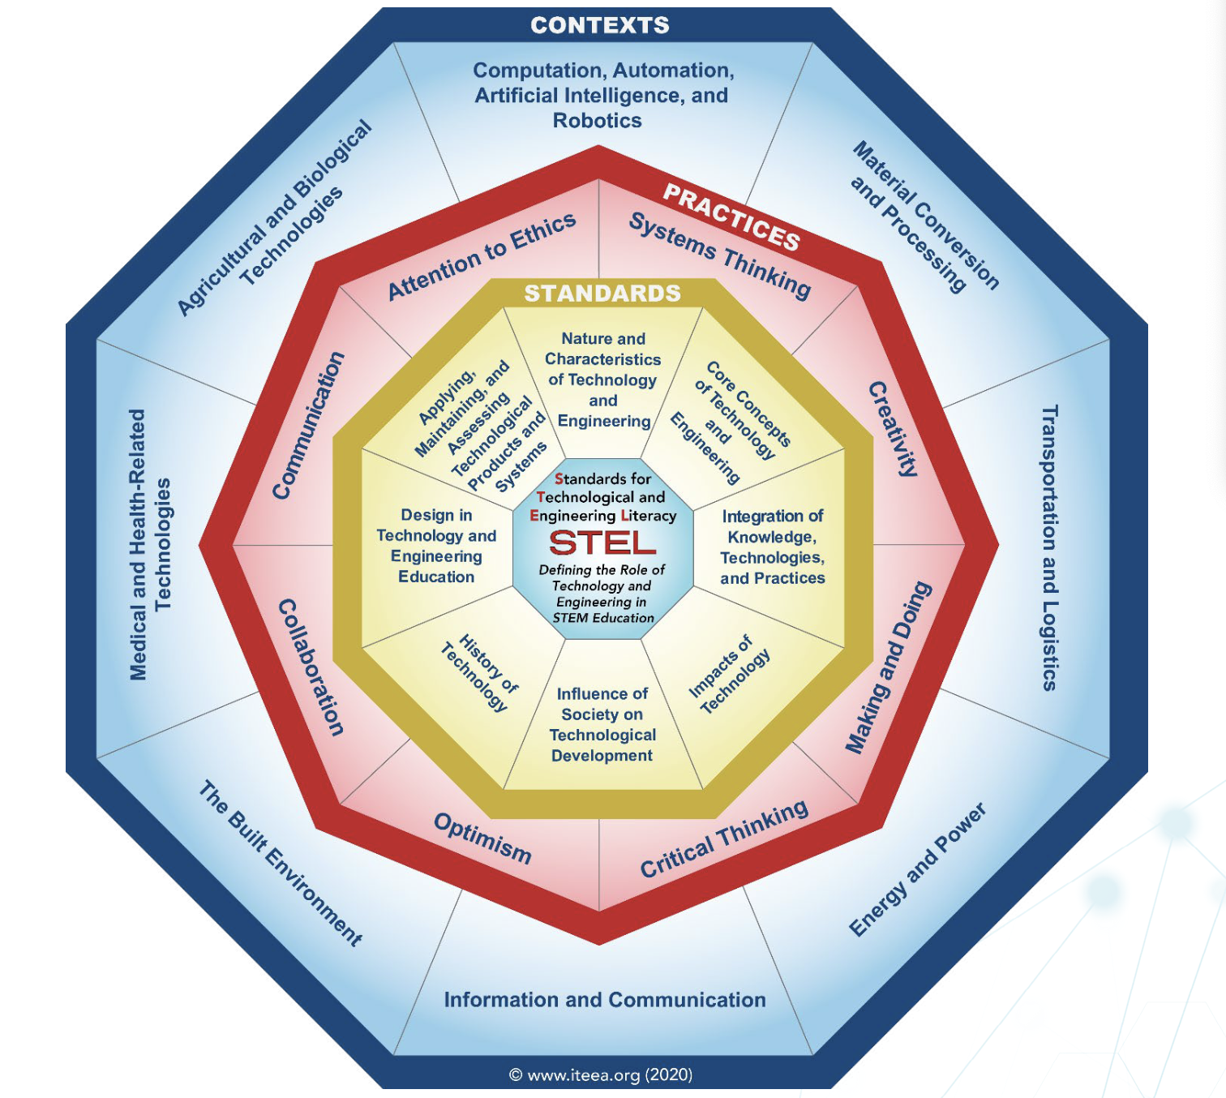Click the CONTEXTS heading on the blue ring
[600, 25]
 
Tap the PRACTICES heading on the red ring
[731, 217]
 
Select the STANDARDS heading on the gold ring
[602, 293]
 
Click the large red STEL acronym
[602, 543]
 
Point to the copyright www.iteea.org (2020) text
[601, 1075]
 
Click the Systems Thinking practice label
[720, 255]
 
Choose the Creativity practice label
[894, 428]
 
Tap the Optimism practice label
[482, 838]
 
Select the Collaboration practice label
[311, 667]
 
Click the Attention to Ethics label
[482, 255]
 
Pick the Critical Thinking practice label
[724, 839]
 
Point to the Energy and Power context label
[917, 869]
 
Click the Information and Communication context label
[605, 1000]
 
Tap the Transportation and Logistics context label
[1049, 548]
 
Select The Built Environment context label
[281, 863]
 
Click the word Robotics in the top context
[598, 121]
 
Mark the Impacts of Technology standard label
[729, 674]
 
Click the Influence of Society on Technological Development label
[602, 724]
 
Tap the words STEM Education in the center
[603, 618]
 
